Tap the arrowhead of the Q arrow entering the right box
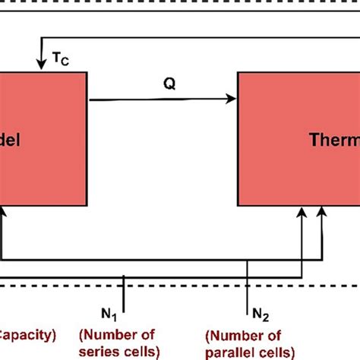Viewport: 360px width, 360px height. [x=232, y=97]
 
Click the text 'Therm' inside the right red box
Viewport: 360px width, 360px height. [x=334, y=140]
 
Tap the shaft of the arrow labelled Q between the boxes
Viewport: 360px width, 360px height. [x=152, y=97]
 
